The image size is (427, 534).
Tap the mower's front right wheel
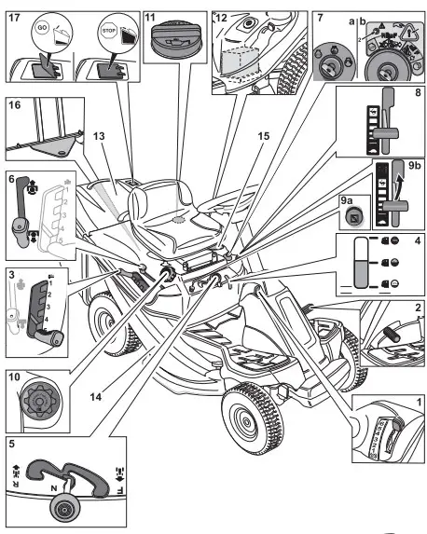[250, 413]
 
